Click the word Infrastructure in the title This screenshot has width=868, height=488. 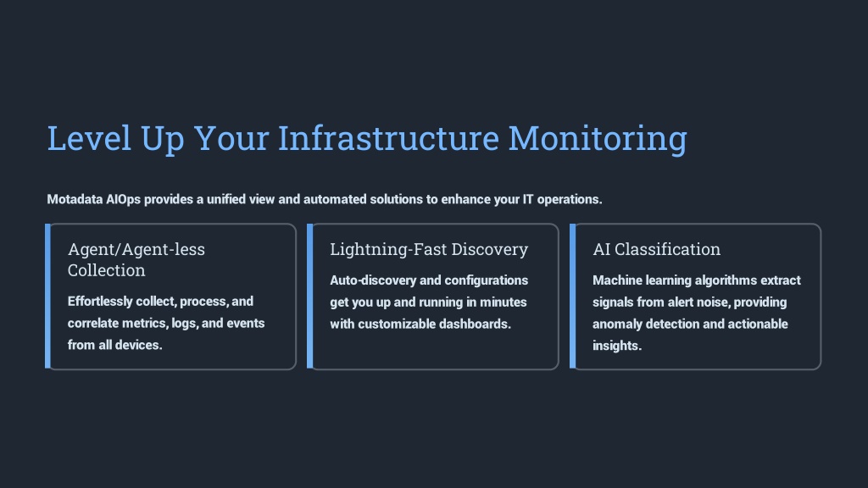pyautogui.click(x=388, y=138)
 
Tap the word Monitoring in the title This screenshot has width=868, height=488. pyautogui.click(x=598, y=139)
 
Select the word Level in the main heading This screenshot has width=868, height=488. pyautogui.click(x=89, y=138)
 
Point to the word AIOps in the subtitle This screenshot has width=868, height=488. pyautogui.click(x=124, y=200)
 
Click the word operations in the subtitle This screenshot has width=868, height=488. pyautogui.click(x=570, y=200)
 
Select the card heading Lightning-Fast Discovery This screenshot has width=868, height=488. pyautogui.click(x=429, y=250)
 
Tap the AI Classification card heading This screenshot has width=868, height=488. pyautogui.click(x=657, y=249)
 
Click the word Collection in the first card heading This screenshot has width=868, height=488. pyautogui.click(x=106, y=270)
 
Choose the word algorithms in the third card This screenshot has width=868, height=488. pyautogui.click(x=726, y=280)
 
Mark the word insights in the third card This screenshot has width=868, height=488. pyautogui.click(x=617, y=346)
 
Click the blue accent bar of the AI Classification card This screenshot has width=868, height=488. pyautogui.click(x=573, y=296)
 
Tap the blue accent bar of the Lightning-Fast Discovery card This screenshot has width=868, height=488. pyautogui.click(x=310, y=296)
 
